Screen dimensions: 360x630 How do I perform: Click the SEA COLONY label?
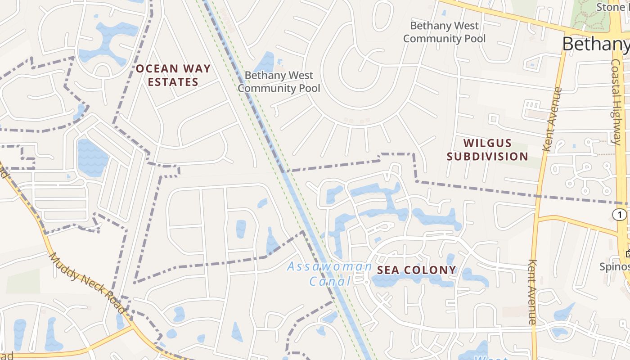[416, 270]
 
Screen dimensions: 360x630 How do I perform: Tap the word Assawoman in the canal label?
[329, 266]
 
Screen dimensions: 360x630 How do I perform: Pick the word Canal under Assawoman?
[329, 282]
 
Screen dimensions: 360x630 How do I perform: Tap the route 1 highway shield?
[619, 215]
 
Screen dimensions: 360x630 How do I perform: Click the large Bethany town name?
[595, 44]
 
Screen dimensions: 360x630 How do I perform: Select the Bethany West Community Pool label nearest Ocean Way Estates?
[279, 81]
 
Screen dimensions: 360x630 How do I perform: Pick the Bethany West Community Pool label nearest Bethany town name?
[444, 32]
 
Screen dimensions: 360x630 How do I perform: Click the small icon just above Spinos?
[627, 253]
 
